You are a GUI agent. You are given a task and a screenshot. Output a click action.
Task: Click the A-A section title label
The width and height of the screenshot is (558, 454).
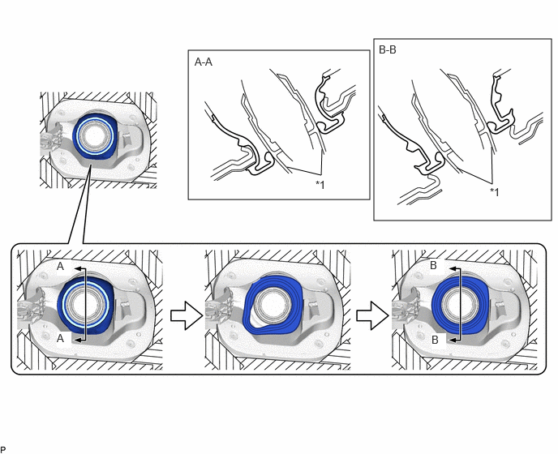[x=204, y=62]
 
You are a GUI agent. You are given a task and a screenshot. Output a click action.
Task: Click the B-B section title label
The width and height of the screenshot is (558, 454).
[x=387, y=49]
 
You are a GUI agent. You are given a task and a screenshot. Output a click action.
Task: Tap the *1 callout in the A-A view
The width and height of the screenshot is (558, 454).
[x=320, y=185]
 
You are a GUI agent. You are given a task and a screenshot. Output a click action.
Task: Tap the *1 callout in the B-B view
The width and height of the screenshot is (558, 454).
[x=494, y=192]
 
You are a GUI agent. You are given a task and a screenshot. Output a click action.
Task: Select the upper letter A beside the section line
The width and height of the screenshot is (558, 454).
[x=60, y=266]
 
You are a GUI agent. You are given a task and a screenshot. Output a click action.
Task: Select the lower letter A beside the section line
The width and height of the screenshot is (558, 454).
[x=60, y=338]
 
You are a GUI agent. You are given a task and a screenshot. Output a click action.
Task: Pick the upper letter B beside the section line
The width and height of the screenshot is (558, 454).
[x=433, y=265]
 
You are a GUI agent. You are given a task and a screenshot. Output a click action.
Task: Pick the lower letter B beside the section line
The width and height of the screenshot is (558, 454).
[x=435, y=340]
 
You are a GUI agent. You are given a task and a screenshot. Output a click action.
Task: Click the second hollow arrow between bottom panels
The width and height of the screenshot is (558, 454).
[x=372, y=315]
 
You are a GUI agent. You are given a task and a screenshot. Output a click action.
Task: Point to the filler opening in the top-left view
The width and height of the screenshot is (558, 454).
[x=94, y=135]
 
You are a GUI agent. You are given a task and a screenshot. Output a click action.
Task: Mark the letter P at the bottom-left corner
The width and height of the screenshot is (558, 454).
[x=3, y=449]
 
